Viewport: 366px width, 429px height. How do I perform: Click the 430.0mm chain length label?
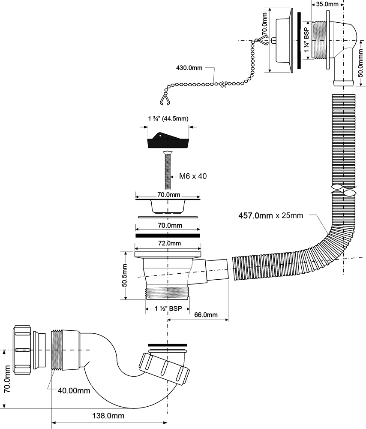click(189, 68)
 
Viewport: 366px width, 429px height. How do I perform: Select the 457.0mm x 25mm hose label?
click(270, 216)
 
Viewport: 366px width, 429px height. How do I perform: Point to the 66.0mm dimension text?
click(206, 315)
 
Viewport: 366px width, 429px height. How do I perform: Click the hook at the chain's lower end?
click(163, 101)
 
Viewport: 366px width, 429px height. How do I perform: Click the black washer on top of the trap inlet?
click(167, 344)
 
